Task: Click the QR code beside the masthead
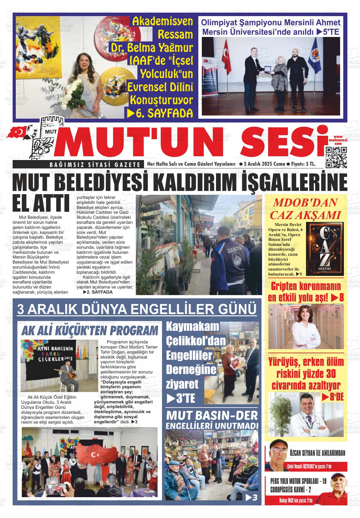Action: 336,157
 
